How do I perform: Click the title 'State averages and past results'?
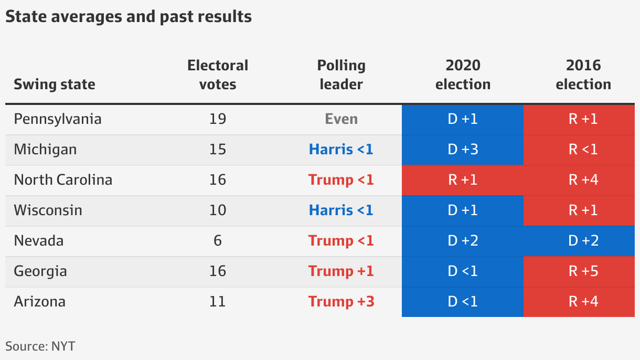coord(129,17)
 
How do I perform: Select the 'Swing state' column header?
coord(55,84)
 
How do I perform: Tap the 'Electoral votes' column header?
coord(218,75)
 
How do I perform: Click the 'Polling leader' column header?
coord(341,75)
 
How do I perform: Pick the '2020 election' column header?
coord(463,75)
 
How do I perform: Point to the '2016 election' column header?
coord(583,75)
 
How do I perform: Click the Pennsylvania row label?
coord(58,119)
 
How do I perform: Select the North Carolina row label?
coord(63,180)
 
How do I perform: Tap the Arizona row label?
coord(40,302)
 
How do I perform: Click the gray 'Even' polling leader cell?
coord(341,119)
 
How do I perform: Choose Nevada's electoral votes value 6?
coord(218,241)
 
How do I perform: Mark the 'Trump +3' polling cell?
coord(341,302)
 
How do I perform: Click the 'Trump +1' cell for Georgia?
coord(341,271)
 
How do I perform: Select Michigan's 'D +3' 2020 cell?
coord(463,150)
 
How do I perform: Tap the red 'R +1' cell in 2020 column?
coord(463,180)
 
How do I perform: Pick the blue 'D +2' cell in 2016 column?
coord(583,241)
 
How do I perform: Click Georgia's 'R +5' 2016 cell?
coord(583,271)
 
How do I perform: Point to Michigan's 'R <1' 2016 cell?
coord(583,150)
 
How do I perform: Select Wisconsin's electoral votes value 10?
coord(218,210)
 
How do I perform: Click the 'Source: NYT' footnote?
coord(40,346)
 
